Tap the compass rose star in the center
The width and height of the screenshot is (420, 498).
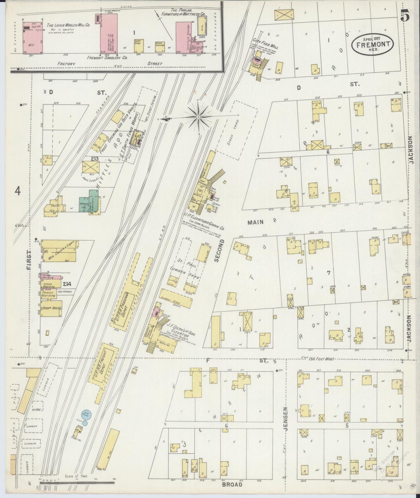click(x=198, y=117)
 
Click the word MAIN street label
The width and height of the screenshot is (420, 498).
click(x=255, y=222)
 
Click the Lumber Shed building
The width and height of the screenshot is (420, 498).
click(x=176, y=298)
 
